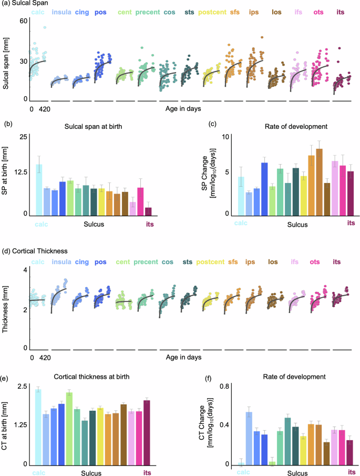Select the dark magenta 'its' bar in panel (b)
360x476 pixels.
(148, 211)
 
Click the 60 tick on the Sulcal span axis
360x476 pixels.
(23, 21)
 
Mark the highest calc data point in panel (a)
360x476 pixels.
(45, 27)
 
